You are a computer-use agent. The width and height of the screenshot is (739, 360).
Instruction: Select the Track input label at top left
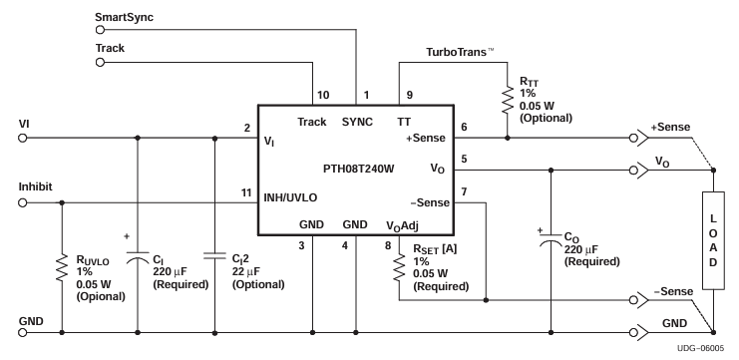point(110,47)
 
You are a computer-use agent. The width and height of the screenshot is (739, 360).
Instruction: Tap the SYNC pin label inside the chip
point(356,121)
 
